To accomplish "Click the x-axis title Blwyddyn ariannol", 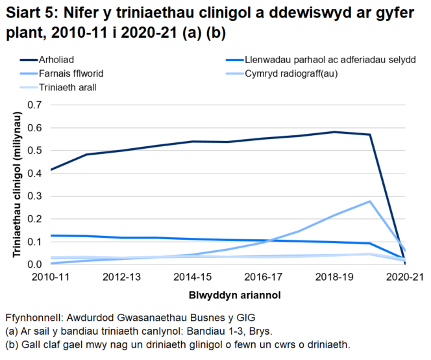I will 226,294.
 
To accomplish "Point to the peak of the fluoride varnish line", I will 369,201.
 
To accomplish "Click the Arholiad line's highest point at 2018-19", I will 334,132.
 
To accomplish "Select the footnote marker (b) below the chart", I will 12,344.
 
